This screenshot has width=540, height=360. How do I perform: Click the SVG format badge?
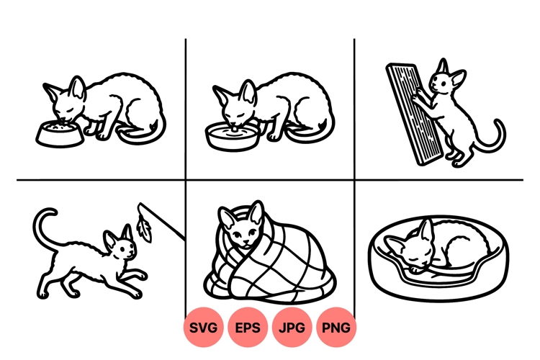tap(204, 328)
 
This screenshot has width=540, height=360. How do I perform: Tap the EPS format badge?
tap(248, 328)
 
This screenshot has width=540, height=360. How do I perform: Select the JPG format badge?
tap(292, 328)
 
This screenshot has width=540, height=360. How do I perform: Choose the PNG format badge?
tap(336, 328)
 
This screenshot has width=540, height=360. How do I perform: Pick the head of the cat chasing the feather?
tap(122, 248)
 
